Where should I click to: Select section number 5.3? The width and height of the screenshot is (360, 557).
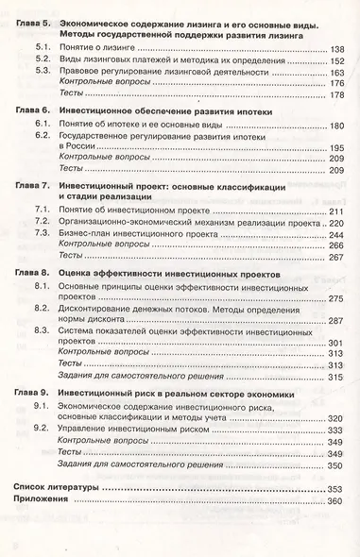point(43,72)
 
